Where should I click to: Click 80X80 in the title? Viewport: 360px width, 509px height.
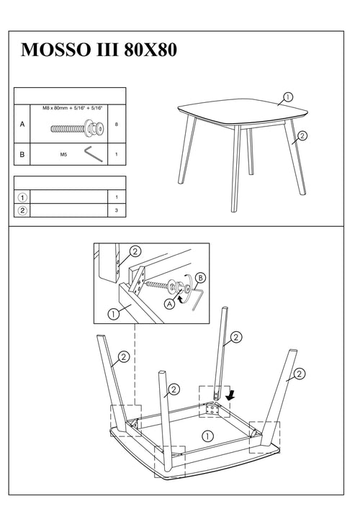[x=150, y=50]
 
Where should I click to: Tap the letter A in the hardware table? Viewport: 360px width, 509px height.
[x=22, y=124]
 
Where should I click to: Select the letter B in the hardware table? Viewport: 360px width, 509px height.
[x=22, y=154]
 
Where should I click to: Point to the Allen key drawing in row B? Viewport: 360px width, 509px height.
[x=94, y=154]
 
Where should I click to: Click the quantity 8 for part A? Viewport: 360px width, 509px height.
[x=116, y=125]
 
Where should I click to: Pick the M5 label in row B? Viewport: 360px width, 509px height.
[x=63, y=155]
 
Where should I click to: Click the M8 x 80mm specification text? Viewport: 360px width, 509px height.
[x=73, y=108]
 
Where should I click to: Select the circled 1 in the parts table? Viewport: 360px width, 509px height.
[x=22, y=197]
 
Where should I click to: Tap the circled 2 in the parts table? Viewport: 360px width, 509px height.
[x=22, y=210]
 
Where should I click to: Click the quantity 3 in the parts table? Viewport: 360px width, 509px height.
[x=116, y=210]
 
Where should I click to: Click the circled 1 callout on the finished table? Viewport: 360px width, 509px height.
[x=288, y=96]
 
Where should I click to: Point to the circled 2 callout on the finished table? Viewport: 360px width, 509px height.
[x=302, y=135]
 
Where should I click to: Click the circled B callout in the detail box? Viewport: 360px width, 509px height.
[x=201, y=278]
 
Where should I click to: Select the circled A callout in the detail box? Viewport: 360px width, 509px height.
[x=169, y=304]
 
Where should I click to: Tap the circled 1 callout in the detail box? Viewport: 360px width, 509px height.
[x=113, y=314]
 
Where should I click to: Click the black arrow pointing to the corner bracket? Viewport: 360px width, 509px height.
[x=231, y=395]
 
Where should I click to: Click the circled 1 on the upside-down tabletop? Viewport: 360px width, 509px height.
[x=208, y=436]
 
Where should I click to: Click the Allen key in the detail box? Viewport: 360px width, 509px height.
[x=197, y=299]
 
